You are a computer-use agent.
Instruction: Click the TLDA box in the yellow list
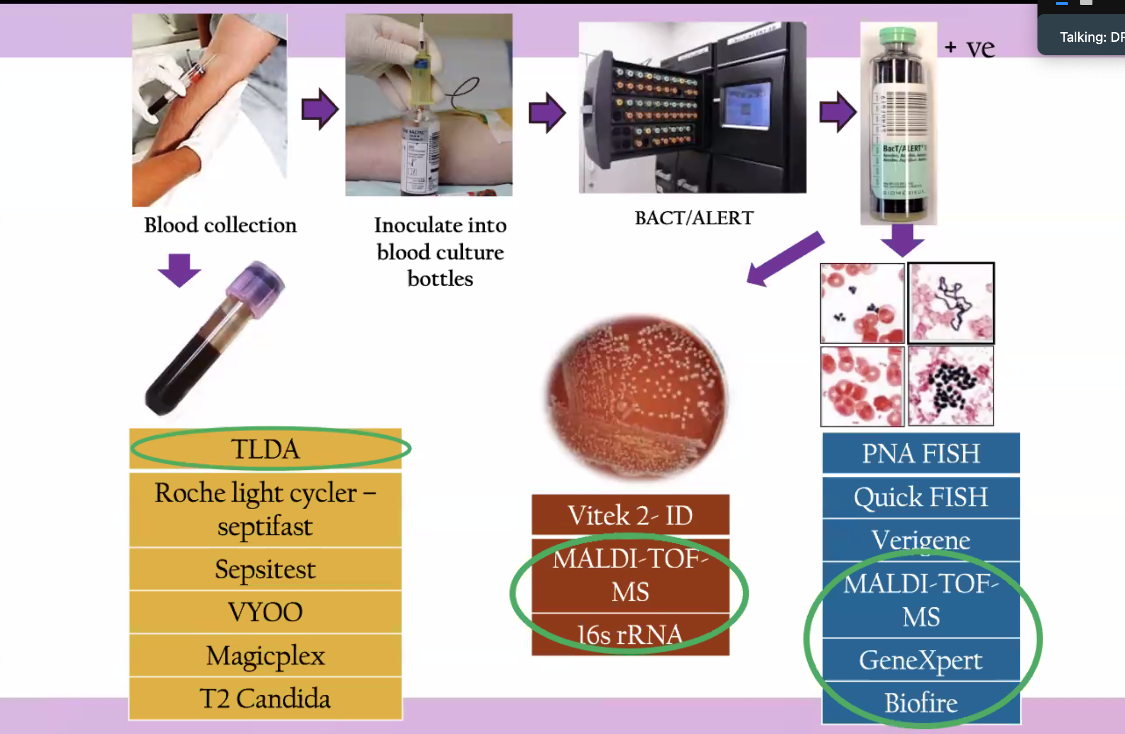coord(265,449)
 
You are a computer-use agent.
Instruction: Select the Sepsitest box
coord(265,569)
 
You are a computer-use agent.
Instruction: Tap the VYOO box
coord(265,612)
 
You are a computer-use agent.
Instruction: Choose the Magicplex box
coord(265,656)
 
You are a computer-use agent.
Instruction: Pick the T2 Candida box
coord(265,698)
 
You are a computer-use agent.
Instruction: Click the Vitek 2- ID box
coord(630,515)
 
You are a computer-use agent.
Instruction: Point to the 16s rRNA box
coord(630,635)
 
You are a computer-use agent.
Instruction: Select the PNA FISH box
coord(921,453)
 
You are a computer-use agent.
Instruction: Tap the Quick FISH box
coord(921,497)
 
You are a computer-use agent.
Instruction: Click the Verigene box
coord(921,540)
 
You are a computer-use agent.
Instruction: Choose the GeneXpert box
coord(921,660)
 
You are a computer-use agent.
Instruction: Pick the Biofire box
coord(921,703)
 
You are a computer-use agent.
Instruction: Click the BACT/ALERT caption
coord(694,218)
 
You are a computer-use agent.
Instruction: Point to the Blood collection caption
coord(220,225)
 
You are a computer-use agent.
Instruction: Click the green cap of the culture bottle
coord(898,35)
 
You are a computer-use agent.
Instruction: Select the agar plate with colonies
coord(637,397)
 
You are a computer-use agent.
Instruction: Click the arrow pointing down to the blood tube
coord(179,270)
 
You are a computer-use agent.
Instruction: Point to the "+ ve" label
coord(969,48)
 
